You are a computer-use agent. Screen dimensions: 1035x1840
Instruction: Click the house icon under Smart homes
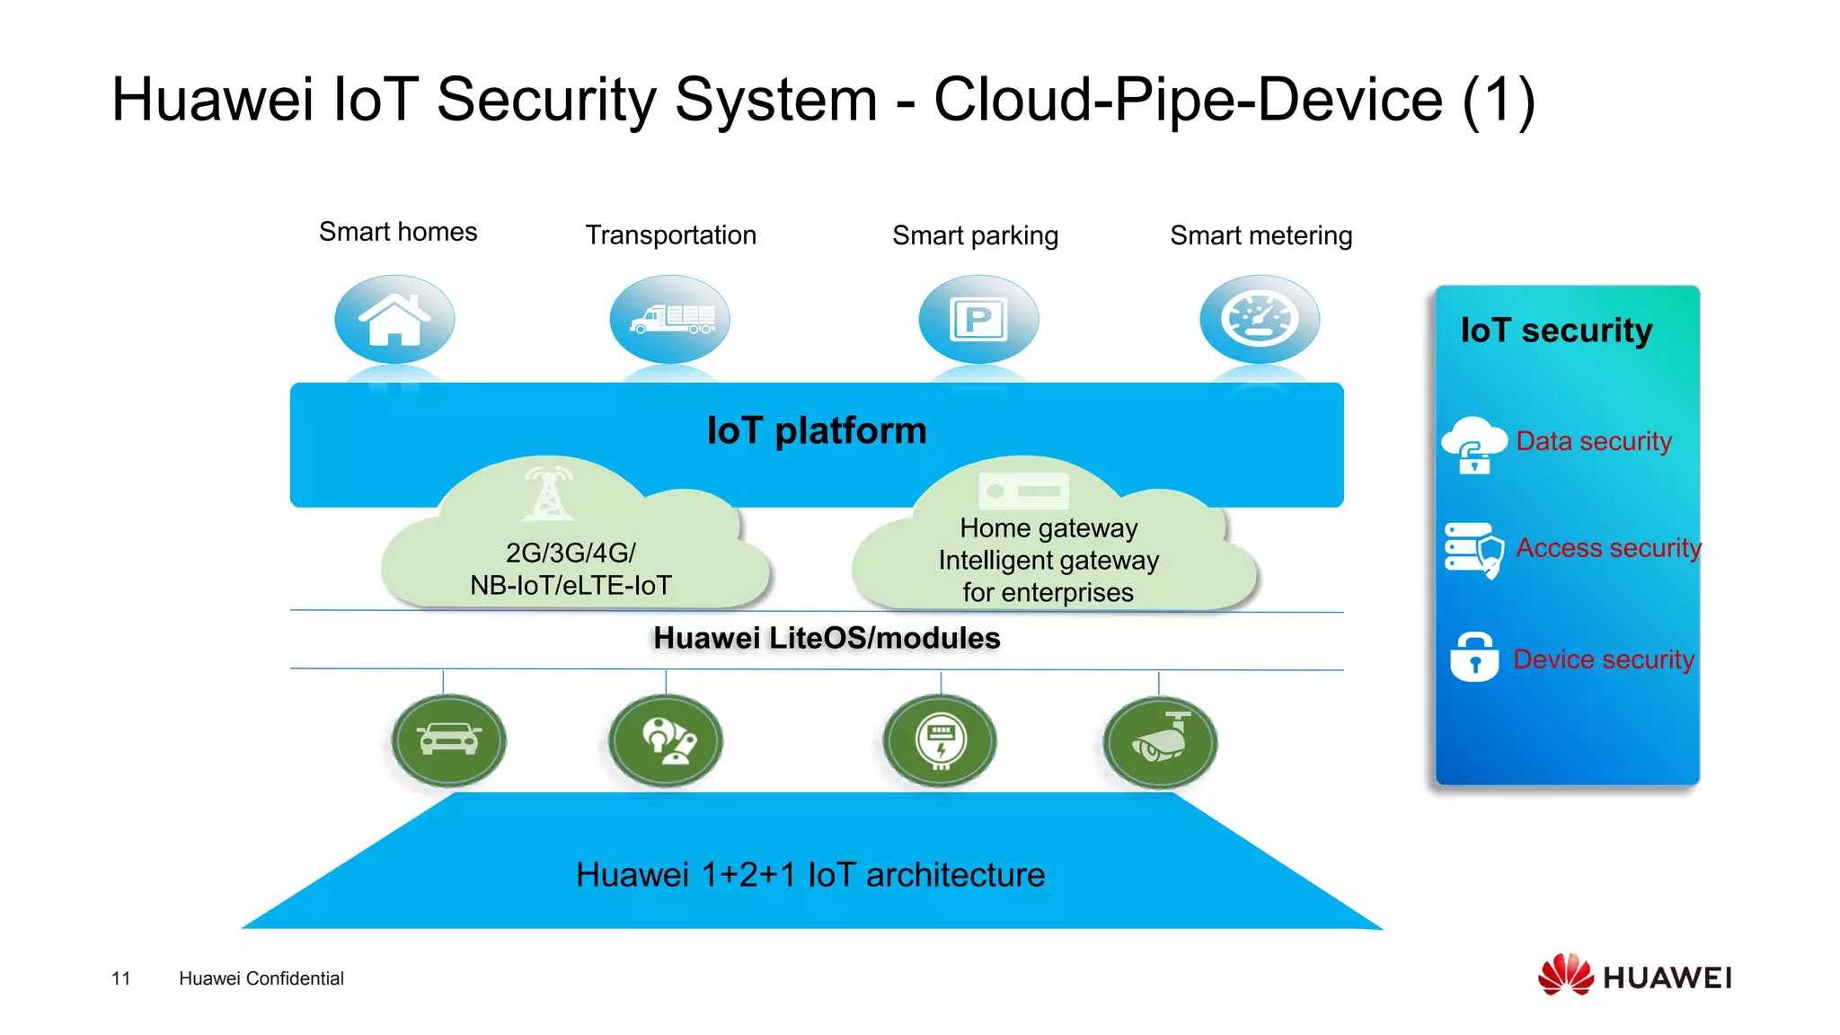pos(394,319)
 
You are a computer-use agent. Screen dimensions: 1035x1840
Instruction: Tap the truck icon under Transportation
pos(670,319)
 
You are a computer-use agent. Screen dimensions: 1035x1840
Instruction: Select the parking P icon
pos(978,319)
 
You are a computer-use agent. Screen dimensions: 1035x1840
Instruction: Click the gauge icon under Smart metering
pos(1260,319)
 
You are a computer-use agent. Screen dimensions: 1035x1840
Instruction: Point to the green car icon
pos(449,739)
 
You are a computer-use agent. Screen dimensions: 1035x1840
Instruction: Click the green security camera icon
pos(1160,741)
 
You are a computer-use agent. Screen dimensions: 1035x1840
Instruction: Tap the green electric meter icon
pos(940,740)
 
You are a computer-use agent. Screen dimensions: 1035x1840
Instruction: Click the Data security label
pos(1593,441)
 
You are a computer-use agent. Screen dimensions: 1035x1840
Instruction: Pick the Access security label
pos(1608,547)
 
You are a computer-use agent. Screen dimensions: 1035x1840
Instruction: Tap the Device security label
pos(1603,659)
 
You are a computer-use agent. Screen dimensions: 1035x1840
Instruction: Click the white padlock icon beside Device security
pos(1473,657)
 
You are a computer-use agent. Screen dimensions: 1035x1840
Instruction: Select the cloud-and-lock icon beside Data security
pos(1473,445)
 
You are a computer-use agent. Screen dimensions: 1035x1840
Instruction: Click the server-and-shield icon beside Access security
pos(1473,549)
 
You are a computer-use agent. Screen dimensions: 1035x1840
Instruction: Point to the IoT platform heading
pos(816,430)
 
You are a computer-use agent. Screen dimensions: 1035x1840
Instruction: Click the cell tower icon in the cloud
pos(548,493)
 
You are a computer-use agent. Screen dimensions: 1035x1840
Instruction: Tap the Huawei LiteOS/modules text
pos(827,638)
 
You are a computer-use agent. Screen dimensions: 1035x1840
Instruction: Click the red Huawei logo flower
pos(1565,975)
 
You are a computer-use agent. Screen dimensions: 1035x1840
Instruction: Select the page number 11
pos(121,978)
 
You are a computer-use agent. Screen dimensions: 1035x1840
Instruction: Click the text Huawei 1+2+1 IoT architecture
pos(810,874)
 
